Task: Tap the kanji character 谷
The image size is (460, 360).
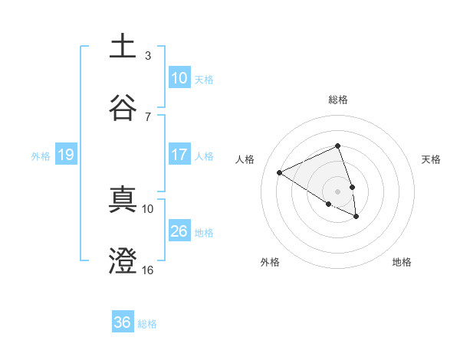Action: [123, 106]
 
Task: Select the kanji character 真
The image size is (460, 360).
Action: [123, 199]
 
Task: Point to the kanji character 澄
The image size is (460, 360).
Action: [123, 260]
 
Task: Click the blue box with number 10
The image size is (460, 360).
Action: [179, 78]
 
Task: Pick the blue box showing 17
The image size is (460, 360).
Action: [179, 155]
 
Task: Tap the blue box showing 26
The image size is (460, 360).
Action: [179, 231]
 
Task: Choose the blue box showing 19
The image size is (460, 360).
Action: [66, 155]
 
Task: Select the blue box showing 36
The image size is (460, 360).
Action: [123, 322]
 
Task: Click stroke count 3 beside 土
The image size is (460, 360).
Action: [148, 56]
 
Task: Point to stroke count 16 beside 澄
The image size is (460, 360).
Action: [148, 270]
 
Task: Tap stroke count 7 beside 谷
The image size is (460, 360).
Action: [148, 116]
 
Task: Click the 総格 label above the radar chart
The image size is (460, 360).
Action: [338, 100]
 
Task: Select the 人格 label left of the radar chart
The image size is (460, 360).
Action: [245, 159]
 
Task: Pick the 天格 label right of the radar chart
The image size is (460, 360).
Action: [432, 159]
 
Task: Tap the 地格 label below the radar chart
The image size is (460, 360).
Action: [402, 262]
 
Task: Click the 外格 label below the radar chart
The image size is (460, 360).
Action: [270, 262]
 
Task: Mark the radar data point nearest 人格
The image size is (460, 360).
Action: [280, 172]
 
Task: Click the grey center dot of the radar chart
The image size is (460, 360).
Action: [337, 191]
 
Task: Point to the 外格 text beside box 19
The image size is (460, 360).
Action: [41, 155]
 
